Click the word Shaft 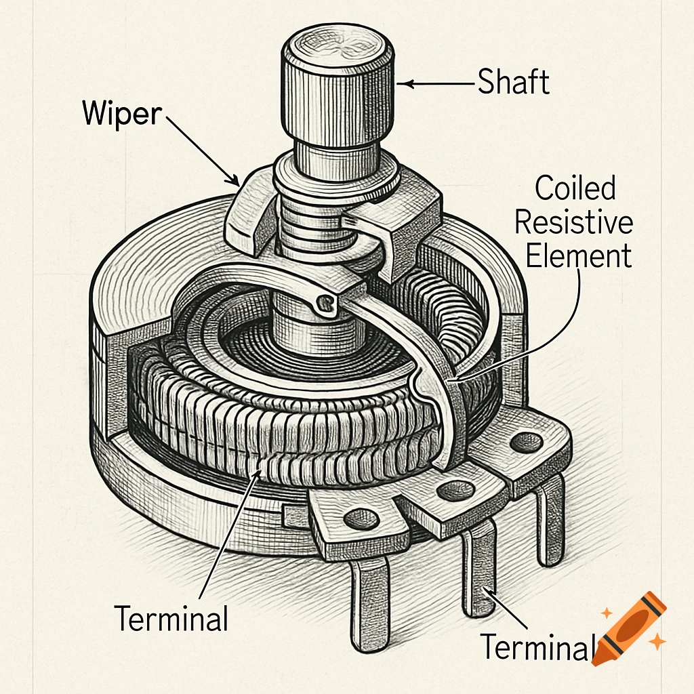513,82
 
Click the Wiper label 122,113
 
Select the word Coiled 575,188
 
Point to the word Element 579,257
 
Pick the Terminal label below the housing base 171,618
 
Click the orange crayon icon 630,627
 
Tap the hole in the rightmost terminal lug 522,445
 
